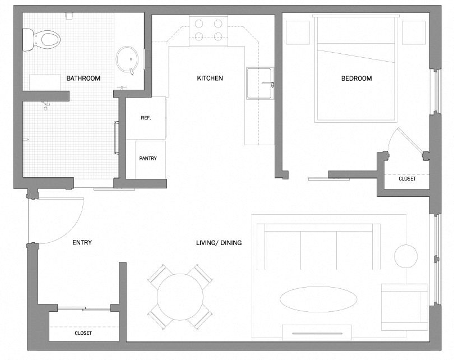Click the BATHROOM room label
(84, 78)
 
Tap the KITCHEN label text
(210, 78)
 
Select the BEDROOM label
(356, 78)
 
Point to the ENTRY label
(82, 242)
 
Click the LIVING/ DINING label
(219, 243)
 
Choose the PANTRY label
(148, 159)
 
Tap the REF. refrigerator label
(146, 118)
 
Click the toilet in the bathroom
(41, 40)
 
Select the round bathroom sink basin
(127, 59)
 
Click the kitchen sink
(260, 84)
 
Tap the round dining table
(180, 297)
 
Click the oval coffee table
(318, 299)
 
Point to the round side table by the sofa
(406, 256)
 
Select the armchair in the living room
(405, 307)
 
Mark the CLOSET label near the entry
(83, 333)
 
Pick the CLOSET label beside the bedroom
(407, 179)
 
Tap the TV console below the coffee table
(317, 333)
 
